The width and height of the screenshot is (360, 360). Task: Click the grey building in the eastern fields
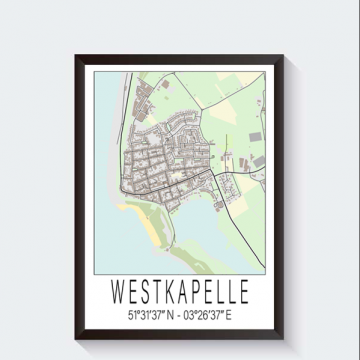tap(255, 135)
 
